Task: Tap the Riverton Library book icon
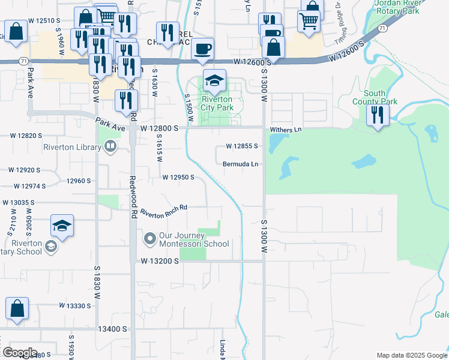coord(110,146)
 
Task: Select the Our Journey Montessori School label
coord(194,240)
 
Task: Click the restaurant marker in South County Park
coord(378,115)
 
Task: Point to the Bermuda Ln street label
coord(240,164)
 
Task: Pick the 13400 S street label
coord(113,329)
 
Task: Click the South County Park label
coord(380,97)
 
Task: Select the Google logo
coord(19,353)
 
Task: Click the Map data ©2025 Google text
coord(412,355)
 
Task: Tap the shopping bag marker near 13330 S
coord(17,308)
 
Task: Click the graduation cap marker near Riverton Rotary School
coord(62,226)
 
